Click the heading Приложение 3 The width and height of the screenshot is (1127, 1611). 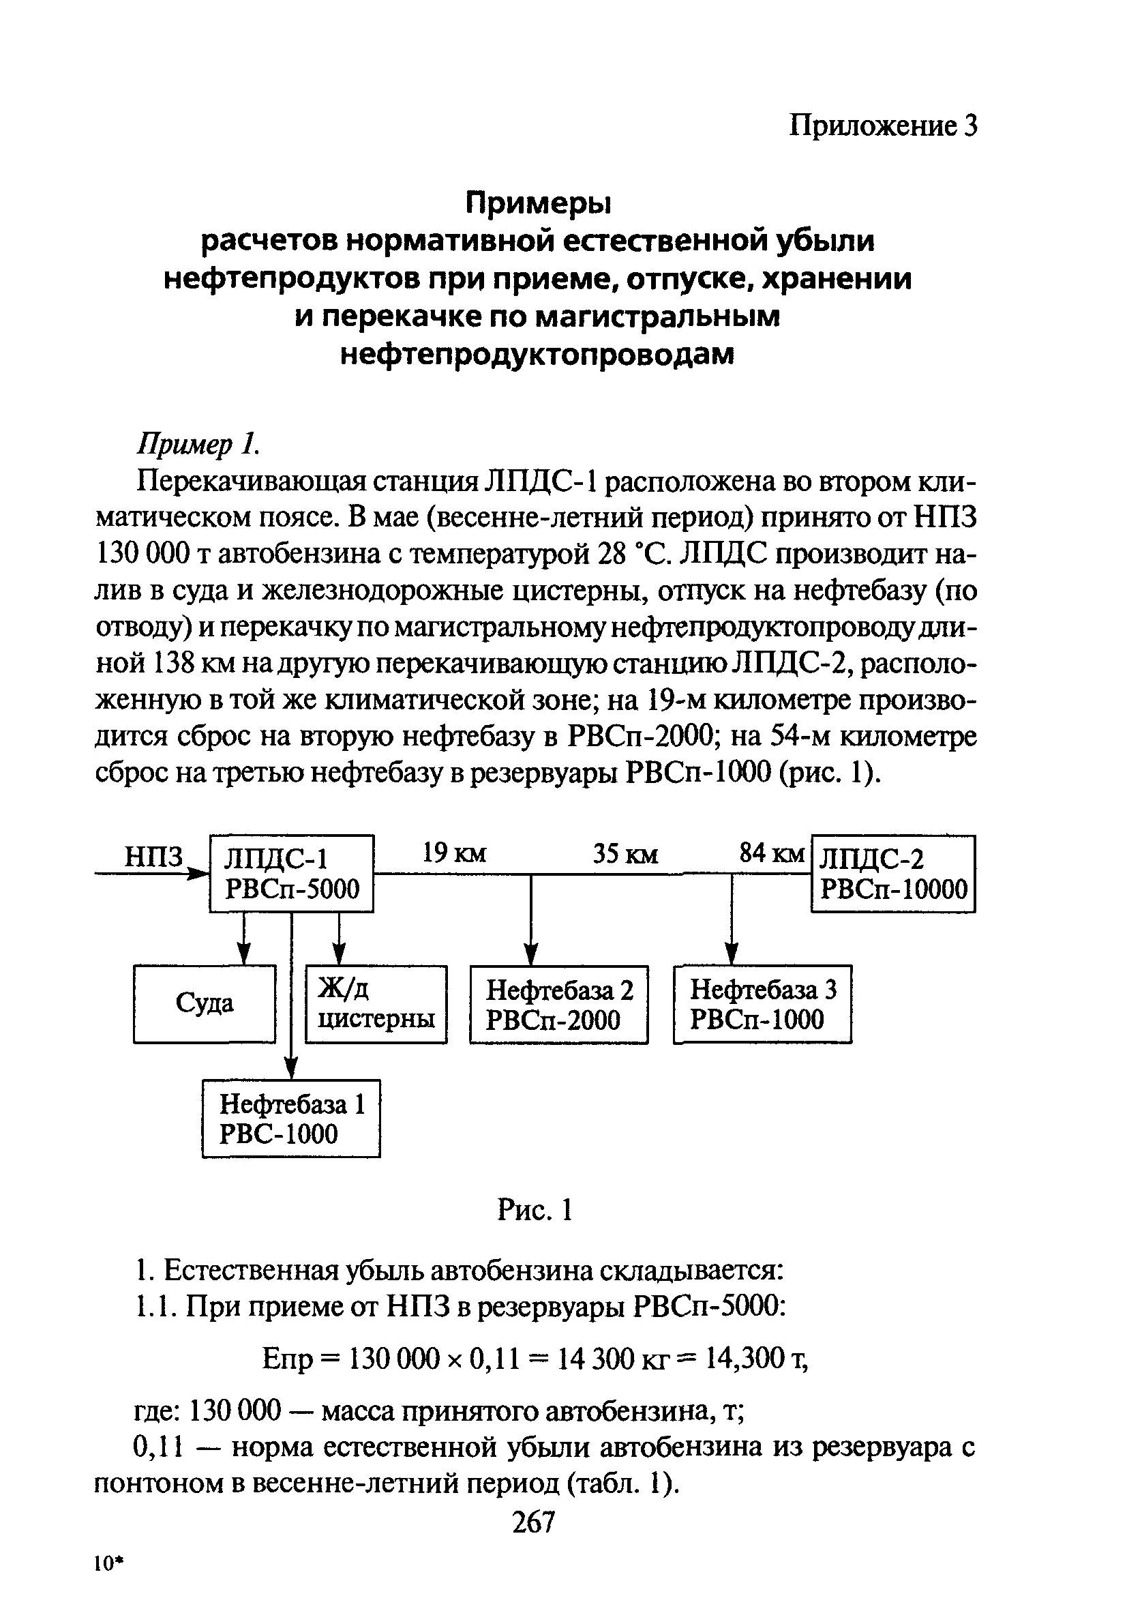pos(882,126)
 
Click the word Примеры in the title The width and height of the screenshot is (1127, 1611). pos(539,204)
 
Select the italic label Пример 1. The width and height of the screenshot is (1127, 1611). pos(198,444)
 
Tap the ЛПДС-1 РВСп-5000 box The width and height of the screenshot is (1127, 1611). pos(291,874)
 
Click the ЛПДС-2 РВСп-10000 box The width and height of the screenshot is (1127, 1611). pos(892,874)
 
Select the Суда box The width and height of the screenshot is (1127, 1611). pos(204,1004)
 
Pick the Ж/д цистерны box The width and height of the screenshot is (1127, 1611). pos(376,1004)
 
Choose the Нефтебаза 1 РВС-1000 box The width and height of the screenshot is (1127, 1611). pos(291,1119)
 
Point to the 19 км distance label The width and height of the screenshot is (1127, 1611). pos(454,854)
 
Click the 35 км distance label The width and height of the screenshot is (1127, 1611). pos(625,854)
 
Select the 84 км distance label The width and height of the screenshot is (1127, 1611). pos(770,854)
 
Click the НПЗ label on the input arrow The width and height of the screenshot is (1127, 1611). pos(153,857)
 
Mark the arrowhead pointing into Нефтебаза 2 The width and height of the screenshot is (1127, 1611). pos(532,954)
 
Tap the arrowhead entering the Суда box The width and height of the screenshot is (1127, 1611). pos(243,954)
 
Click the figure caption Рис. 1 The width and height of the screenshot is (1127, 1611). pos(535,1210)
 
